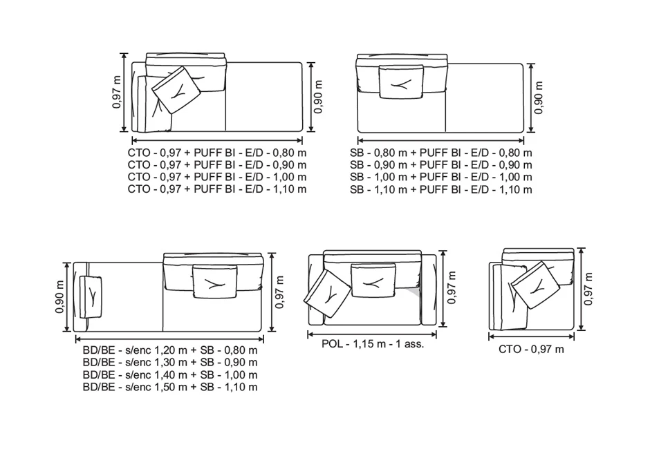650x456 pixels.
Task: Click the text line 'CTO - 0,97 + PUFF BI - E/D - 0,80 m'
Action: pos(217,153)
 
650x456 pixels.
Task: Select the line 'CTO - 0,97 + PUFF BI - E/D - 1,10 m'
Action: pos(217,189)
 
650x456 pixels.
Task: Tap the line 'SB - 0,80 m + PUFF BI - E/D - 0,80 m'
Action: pos(441,153)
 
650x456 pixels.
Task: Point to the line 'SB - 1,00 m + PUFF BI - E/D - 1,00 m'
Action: pos(441,177)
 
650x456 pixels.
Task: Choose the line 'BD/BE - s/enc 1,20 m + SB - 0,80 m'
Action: pos(169,350)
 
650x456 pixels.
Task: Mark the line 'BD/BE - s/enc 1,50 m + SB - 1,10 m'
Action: pos(169,387)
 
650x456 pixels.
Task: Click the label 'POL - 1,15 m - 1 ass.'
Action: pos(373,343)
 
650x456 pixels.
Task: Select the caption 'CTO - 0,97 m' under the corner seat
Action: pos(531,350)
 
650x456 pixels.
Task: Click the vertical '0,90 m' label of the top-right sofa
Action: pos(539,97)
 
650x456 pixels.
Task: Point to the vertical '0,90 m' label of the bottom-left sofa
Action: pos(60,296)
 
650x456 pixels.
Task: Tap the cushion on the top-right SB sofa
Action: pos(401,83)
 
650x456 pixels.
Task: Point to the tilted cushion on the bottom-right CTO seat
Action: pos(537,286)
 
